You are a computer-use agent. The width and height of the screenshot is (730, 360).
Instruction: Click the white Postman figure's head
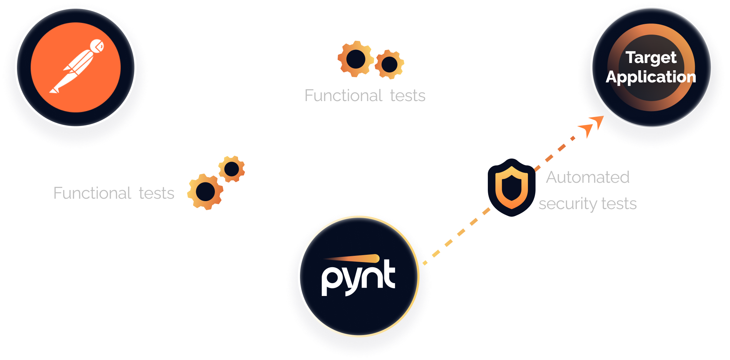pos(97,46)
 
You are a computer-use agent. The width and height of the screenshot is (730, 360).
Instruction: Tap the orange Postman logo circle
pos(76,67)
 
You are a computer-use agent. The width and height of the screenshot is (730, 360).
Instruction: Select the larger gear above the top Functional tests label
pos(356,59)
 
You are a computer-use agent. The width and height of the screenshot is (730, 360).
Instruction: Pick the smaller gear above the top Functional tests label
pos(389,64)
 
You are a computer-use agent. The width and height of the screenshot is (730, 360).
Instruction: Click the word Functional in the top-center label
pos(343,96)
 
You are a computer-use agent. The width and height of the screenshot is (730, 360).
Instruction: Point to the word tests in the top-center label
pos(408,96)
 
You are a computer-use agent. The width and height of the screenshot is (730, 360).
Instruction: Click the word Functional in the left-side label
pos(92,193)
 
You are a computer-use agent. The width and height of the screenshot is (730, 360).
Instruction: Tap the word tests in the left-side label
pos(156,193)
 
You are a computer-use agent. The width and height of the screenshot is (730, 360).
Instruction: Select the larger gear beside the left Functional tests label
pos(205,192)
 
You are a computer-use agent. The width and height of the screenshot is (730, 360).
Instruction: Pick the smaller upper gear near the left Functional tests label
pos(231,169)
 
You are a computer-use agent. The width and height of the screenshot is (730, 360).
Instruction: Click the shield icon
pos(511,187)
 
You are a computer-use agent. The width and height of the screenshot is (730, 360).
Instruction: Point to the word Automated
pos(587,177)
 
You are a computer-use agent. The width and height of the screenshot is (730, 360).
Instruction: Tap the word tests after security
pos(619,204)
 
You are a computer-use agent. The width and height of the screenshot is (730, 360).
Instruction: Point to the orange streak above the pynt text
pos(352,259)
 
